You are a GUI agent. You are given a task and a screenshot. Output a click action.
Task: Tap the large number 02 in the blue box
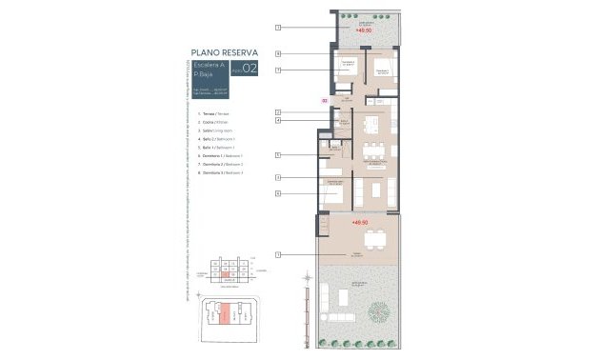250,69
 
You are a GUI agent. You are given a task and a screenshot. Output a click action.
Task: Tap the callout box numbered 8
277,54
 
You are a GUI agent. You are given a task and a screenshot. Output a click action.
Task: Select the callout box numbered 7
277,70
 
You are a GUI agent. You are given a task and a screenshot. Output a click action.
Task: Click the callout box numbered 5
277,154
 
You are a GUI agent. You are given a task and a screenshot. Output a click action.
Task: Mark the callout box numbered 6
277,193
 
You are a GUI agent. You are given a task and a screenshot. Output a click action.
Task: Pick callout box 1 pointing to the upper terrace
277,28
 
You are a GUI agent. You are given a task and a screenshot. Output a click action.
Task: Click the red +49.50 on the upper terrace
363,30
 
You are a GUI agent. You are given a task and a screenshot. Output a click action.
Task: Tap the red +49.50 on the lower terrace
359,223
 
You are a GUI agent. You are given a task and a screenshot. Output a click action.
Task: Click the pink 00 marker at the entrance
324,99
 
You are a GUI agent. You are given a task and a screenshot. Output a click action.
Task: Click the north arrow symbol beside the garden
307,280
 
